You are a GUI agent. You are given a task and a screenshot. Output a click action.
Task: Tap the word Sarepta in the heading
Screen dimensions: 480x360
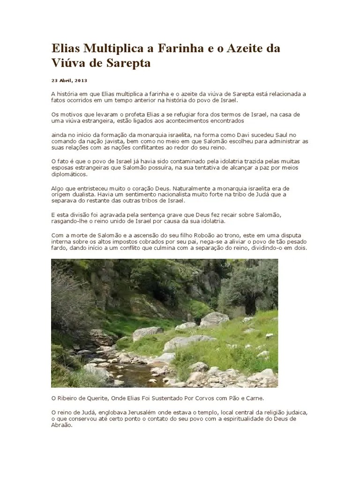(x=126, y=63)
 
